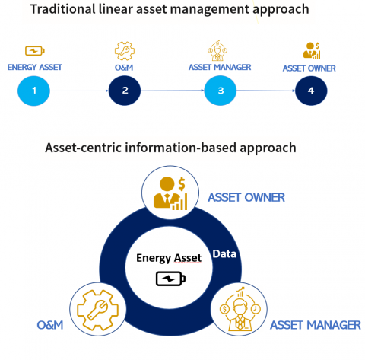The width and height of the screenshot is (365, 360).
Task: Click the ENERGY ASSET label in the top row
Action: pyautogui.click(x=33, y=67)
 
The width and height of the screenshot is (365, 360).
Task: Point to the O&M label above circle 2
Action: pyautogui.click(x=124, y=67)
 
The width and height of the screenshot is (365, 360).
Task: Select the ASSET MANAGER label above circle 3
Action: pyautogui.click(x=220, y=67)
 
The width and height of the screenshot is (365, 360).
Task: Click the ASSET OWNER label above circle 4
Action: pyautogui.click(x=310, y=68)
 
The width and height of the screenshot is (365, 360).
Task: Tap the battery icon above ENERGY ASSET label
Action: pyautogui.click(x=34, y=52)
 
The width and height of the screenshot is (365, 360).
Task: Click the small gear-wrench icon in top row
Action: pyautogui.click(x=124, y=50)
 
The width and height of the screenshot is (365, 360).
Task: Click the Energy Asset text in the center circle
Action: pyautogui.click(x=169, y=258)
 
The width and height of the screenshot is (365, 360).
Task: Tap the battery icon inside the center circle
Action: pyautogui.click(x=169, y=279)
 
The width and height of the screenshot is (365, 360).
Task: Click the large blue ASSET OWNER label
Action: pyautogui.click(x=246, y=198)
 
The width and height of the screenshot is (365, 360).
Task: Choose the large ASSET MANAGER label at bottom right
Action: pyautogui.click(x=316, y=325)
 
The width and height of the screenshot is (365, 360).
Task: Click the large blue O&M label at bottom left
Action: pyautogui.click(x=50, y=326)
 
